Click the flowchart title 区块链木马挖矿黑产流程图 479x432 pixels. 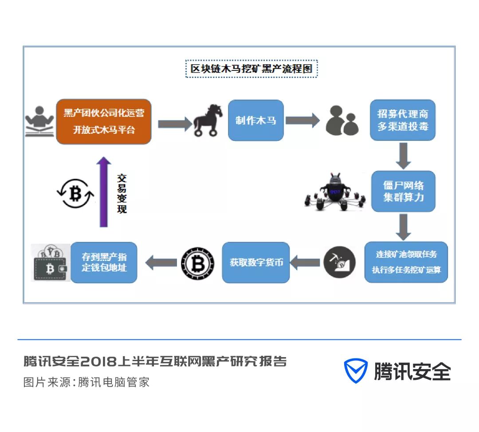[x=251, y=69]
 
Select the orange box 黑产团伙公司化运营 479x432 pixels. [x=104, y=121]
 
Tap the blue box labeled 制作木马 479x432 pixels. [x=256, y=121]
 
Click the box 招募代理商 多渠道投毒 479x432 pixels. [x=403, y=120]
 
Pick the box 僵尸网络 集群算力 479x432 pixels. [x=403, y=191]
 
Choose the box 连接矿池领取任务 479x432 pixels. [x=406, y=262]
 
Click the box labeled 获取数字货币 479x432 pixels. [x=256, y=262]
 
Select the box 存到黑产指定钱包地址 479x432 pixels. [x=104, y=262]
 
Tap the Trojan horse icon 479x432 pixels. [x=208, y=120]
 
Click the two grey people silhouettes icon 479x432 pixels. [x=342, y=120]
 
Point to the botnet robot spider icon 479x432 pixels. [x=336, y=192]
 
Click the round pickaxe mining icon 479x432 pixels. [x=339, y=262]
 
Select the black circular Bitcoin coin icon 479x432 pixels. [x=197, y=263]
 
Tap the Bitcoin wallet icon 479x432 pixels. [x=51, y=263]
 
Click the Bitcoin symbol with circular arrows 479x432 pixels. [x=75, y=193]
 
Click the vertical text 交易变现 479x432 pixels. [x=122, y=194]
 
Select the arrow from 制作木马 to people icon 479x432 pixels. [x=302, y=120]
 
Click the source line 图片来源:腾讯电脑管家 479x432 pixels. [x=86, y=382]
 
